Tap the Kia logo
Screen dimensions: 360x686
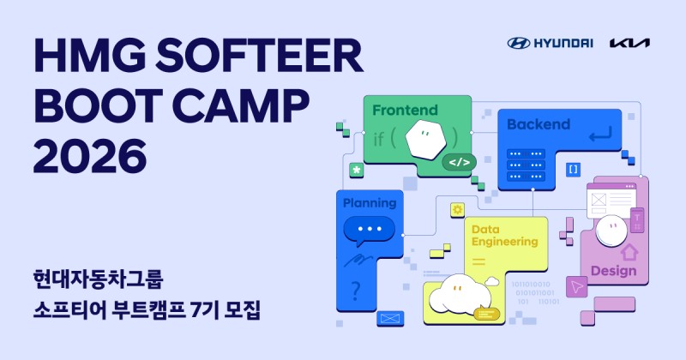pyautogui.click(x=629, y=43)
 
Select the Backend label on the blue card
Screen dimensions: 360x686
pyautogui.click(x=538, y=124)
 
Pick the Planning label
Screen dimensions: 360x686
pyautogui.click(x=370, y=203)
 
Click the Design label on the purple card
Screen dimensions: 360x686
pyautogui.click(x=613, y=271)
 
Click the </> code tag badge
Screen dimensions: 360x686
pyautogui.click(x=458, y=161)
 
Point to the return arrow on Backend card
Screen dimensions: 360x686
pyautogui.click(x=599, y=133)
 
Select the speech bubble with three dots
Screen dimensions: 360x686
pyautogui.click(x=369, y=230)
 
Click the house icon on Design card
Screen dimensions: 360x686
pyautogui.click(x=629, y=252)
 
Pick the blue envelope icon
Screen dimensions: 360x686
pyautogui.click(x=390, y=318)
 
